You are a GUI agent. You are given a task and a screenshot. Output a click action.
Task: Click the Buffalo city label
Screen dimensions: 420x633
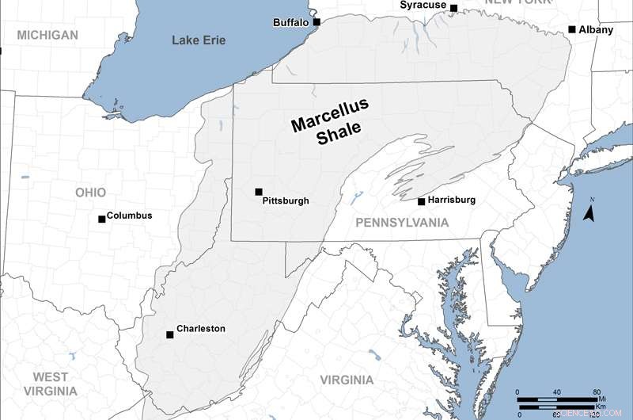290,22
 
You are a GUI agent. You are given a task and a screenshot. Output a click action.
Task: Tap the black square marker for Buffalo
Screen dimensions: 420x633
316,22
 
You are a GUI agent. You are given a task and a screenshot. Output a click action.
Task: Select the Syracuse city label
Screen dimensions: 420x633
423,5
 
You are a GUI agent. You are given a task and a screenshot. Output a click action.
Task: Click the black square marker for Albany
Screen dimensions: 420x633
572,29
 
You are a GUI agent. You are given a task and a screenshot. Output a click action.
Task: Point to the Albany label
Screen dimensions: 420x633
596,29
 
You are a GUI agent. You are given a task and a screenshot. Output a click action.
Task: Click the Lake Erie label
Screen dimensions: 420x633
199,40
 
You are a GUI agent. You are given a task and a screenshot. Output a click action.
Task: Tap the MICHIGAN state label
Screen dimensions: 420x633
47,35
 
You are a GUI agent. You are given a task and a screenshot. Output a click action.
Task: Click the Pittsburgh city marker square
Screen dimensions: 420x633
259,192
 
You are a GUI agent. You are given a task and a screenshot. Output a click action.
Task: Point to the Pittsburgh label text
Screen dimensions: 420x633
285,201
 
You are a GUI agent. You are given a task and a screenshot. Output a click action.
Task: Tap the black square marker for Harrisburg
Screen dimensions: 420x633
422,201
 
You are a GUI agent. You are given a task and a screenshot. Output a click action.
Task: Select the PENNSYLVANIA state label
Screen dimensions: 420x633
402,223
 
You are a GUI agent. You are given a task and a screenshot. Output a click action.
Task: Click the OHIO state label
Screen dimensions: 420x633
90,193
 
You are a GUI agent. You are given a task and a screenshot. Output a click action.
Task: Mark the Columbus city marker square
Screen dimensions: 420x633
101,219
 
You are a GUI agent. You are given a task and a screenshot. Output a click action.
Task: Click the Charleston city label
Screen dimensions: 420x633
200,329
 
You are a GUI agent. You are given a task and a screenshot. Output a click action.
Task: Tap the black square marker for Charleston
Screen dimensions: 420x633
170,334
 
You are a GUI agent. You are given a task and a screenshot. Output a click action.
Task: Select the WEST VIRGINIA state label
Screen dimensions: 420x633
51,384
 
